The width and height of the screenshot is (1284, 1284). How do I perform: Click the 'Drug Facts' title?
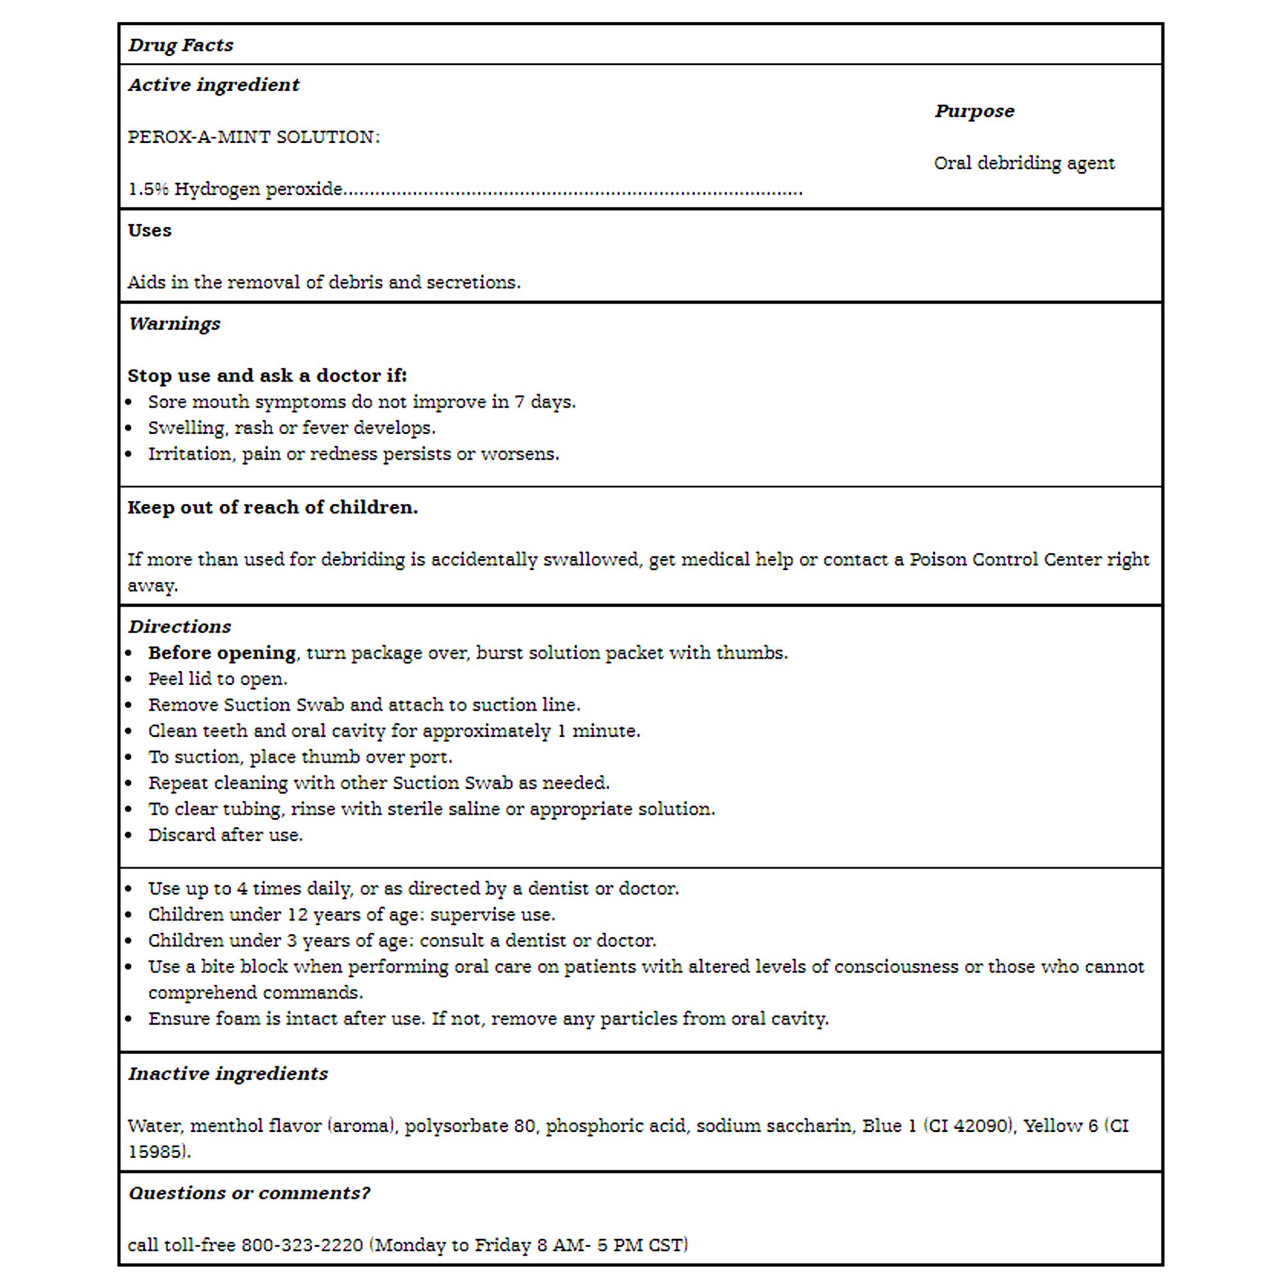181,45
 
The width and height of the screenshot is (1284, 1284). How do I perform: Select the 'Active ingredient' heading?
213,85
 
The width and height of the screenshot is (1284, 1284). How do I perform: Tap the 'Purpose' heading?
975,111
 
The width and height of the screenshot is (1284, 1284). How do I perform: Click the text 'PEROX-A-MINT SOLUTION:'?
253,137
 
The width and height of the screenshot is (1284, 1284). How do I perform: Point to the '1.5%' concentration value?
148,189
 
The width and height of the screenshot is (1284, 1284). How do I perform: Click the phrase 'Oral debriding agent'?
1023,163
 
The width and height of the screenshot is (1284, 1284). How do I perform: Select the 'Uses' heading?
150,230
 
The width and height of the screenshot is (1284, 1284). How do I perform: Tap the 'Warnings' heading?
174,324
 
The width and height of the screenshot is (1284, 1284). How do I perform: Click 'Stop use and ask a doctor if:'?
266,376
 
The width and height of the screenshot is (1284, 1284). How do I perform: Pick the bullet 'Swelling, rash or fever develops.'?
291,428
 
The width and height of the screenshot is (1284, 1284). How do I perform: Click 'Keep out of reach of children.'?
272,507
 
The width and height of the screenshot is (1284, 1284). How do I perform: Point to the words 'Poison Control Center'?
1004,560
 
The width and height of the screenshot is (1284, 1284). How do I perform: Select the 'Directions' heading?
180,627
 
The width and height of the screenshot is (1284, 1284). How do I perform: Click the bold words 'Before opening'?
222,653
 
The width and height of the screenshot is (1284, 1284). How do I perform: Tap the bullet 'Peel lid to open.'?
218,679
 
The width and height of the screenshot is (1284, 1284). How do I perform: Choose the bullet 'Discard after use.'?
225,835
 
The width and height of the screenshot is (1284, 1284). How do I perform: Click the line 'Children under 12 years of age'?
351,914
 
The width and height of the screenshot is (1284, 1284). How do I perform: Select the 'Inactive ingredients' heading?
228,1074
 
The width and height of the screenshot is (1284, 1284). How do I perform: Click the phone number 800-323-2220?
302,1245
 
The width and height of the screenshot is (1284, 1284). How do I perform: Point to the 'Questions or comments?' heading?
249,1193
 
